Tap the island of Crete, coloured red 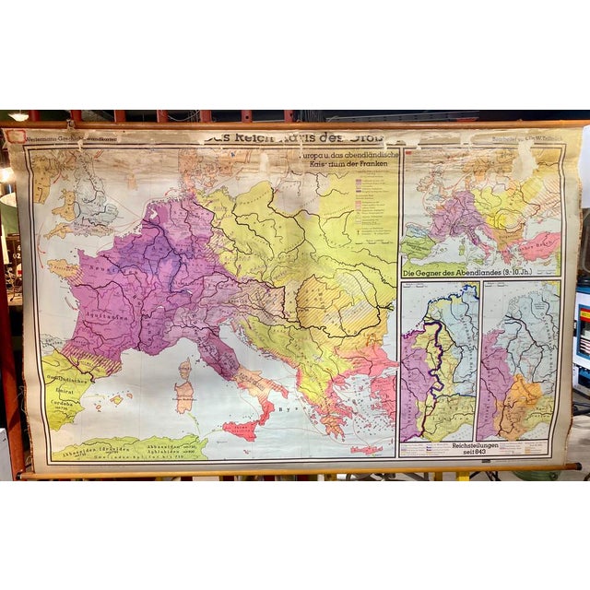click(x=366, y=449)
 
